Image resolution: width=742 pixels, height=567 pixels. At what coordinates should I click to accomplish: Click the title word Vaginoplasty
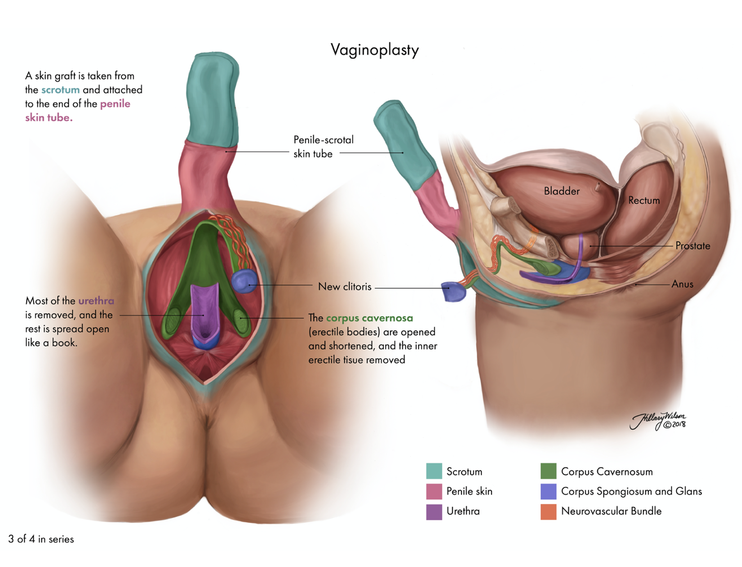[374, 50]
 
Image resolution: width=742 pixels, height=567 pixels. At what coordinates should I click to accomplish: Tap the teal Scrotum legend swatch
[434, 471]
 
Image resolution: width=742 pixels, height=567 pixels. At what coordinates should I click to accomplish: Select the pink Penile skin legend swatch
[434, 491]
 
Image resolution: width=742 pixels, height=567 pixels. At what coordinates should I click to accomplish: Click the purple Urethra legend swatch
[434, 512]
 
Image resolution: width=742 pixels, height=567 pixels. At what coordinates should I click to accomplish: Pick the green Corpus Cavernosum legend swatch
[548, 471]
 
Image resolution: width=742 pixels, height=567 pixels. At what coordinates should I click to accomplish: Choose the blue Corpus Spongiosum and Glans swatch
[548, 491]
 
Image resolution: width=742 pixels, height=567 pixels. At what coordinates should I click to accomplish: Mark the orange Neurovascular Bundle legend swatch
[548, 512]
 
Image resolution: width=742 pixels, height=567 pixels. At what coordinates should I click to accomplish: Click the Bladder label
[561, 191]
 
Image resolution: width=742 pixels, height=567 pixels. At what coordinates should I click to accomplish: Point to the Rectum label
[643, 201]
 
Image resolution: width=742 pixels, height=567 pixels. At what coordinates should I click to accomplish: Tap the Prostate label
[692, 246]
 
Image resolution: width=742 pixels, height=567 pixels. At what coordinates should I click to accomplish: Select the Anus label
[682, 284]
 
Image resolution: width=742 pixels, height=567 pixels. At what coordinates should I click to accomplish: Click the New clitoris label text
[345, 287]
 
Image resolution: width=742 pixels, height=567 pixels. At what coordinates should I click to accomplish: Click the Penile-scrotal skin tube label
[323, 147]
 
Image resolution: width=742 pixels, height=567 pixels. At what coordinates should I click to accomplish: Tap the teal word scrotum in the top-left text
[60, 90]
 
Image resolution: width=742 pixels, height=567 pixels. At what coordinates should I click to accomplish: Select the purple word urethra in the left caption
[96, 301]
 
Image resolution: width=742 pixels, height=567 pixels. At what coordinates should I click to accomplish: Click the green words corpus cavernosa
[369, 318]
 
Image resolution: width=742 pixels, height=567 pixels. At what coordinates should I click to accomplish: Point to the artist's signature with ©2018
[659, 421]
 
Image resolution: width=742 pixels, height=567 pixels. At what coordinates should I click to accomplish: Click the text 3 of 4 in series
[41, 539]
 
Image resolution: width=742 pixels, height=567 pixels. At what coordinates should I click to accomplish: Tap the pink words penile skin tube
[78, 110]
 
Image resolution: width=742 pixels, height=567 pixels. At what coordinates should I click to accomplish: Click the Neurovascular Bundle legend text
[611, 512]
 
